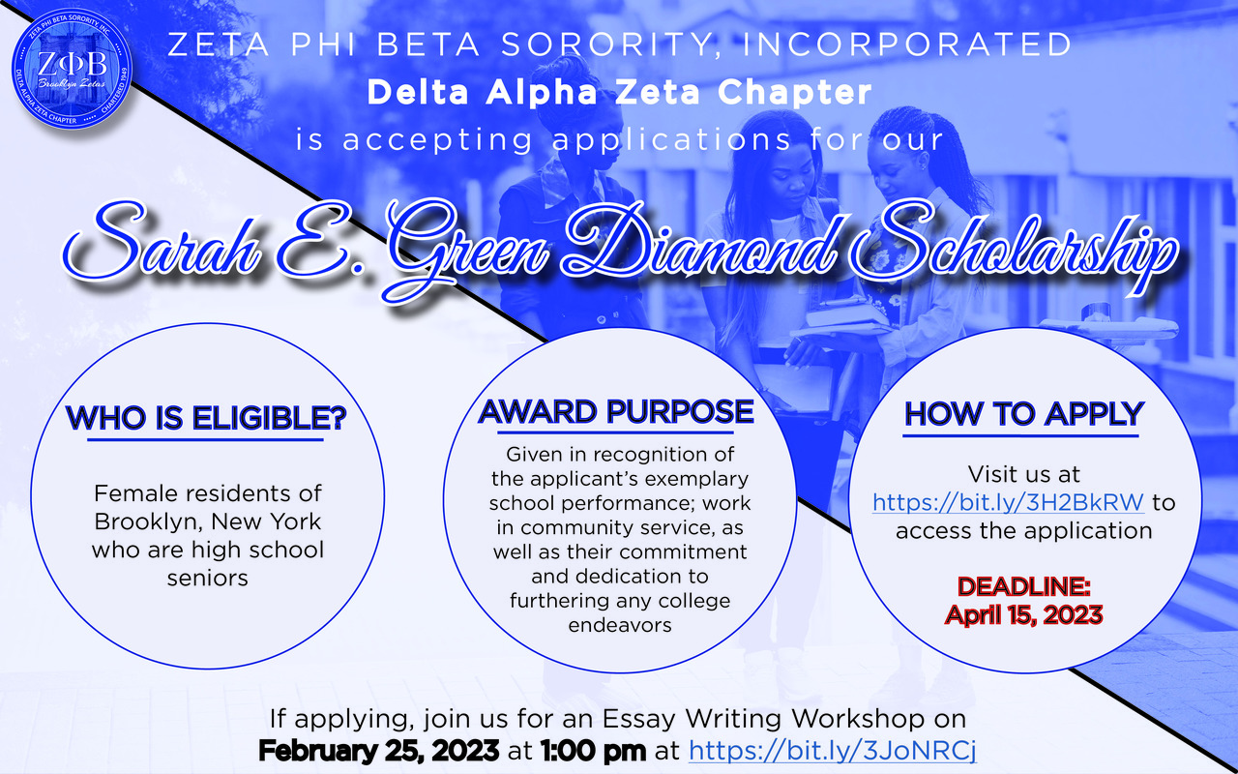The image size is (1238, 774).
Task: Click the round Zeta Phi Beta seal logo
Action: pyautogui.click(x=72, y=69)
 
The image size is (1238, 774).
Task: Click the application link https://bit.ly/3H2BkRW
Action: pyautogui.click(x=1008, y=502)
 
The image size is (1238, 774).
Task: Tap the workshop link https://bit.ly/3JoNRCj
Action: pyautogui.click(x=833, y=751)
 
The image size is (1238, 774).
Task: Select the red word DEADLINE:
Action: pyautogui.click(x=1024, y=586)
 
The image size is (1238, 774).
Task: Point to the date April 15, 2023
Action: pyautogui.click(x=1024, y=614)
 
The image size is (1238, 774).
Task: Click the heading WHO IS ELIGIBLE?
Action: pyautogui.click(x=206, y=418)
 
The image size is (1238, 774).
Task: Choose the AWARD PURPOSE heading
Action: pyautogui.click(x=616, y=412)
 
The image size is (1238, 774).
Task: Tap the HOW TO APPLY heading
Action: pyautogui.click(x=1023, y=414)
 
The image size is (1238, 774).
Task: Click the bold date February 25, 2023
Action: pyautogui.click(x=378, y=751)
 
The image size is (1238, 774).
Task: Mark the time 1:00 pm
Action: pyautogui.click(x=593, y=751)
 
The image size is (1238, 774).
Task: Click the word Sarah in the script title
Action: pyautogui.click(x=161, y=242)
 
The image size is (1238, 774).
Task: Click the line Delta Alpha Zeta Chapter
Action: pyautogui.click(x=620, y=92)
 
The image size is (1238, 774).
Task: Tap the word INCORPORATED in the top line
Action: pyautogui.click(x=907, y=45)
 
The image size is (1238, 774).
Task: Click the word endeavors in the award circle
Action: pyautogui.click(x=620, y=625)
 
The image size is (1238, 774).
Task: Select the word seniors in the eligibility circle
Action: pyautogui.click(x=207, y=579)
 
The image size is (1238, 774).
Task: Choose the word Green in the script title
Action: pyautogui.click(x=465, y=249)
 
